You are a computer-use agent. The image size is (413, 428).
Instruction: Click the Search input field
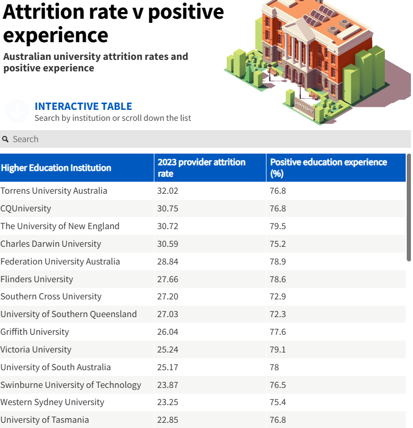pyautogui.click(x=209, y=139)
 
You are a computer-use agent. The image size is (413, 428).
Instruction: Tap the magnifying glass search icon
pyautogui.click(x=6, y=139)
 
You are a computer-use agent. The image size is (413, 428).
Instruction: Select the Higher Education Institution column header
pyautogui.click(x=56, y=168)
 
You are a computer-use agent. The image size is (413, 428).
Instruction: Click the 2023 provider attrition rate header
pyautogui.click(x=201, y=168)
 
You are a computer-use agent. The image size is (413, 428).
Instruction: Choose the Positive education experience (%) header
pyautogui.click(x=329, y=168)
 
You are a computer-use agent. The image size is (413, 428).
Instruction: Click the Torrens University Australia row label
pyautogui.click(x=54, y=191)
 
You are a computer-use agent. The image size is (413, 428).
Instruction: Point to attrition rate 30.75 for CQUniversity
pyautogui.click(x=167, y=208)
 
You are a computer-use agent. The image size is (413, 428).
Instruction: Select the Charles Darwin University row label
pyautogui.click(x=51, y=244)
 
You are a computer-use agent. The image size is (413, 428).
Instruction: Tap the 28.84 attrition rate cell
pyautogui.click(x=167, y=261)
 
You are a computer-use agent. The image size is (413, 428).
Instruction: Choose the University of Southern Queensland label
pyautogui.click(x=68, y=314)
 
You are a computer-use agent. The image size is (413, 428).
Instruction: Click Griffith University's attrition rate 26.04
pyautogui.click(x=167, y=332)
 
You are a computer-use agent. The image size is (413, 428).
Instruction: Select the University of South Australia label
pyautogui.click(x=55, y=367)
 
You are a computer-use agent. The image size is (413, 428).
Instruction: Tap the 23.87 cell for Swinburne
pyautogui.click(x=167, y=385)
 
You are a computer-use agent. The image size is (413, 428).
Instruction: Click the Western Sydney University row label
pyautogui.click(x=52, y=402)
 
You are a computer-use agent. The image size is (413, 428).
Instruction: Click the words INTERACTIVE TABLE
pyautogui.click(x=83, y=106)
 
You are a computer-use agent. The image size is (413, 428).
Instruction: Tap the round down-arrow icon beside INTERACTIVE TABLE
pyautogui.click(x=17, y=110)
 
